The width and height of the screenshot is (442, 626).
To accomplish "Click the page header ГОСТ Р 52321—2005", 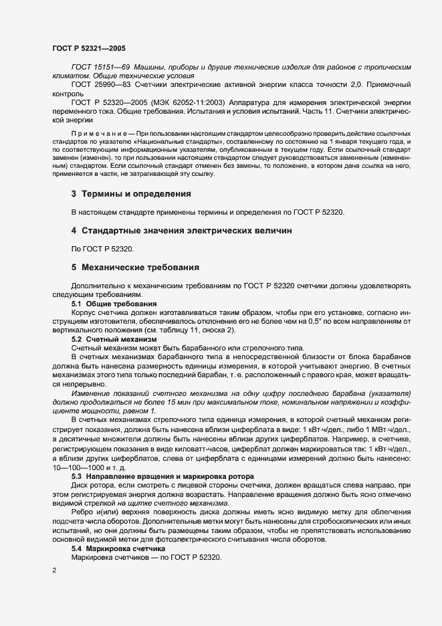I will coord(88,48).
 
